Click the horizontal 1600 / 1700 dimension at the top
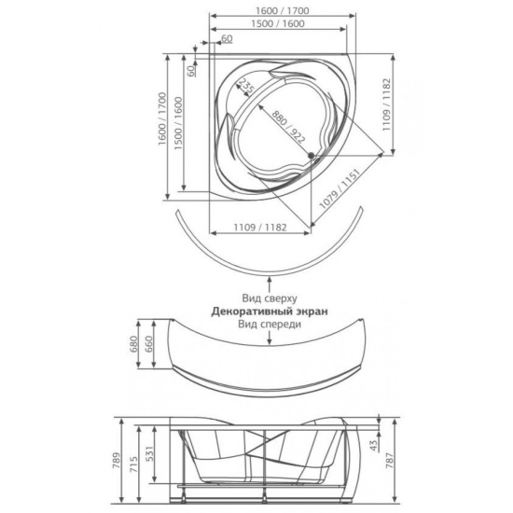[282, 11]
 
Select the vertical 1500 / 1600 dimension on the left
[178, 123]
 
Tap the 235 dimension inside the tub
[246, 86]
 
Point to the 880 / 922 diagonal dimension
[288, 127]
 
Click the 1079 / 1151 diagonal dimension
[340, 188]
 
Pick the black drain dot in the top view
[311, 156]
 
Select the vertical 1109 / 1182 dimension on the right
[387, 104]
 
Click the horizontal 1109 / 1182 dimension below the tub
[260, 227]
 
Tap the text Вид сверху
[270, 298]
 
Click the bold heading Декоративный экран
[270, 312]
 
